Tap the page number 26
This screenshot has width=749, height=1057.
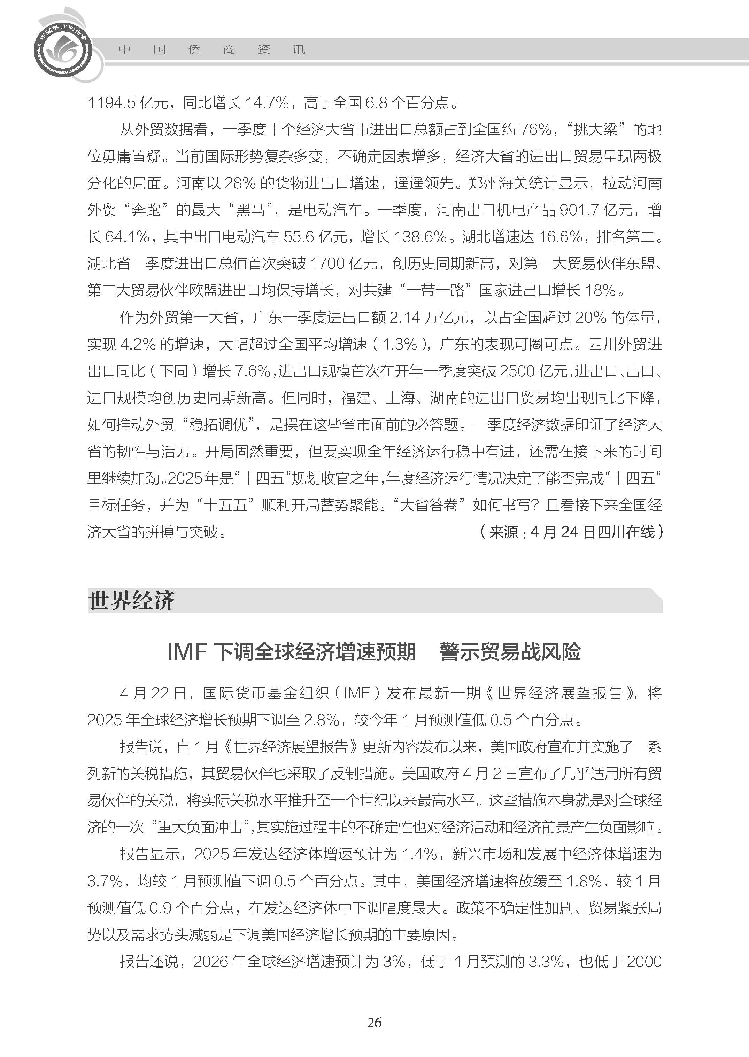point(374,1023)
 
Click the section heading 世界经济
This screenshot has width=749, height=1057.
point(131,601)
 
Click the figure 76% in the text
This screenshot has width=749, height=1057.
point(535,130)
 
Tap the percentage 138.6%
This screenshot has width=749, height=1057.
point(420,237)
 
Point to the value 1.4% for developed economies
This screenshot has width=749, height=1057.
point(419,854)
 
